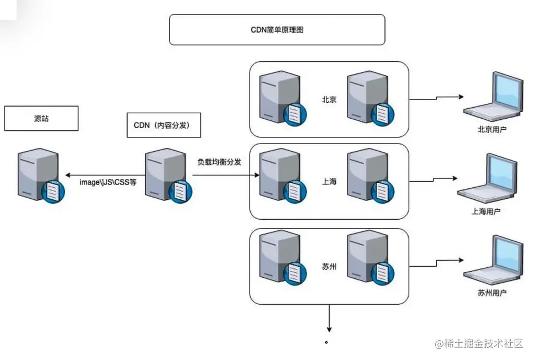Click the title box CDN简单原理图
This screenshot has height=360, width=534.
pyautogui.click(x=277, y=30)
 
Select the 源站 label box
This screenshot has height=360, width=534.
pyautogui.click(x=41, y=119)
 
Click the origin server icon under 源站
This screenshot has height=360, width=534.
pyautogui.click(x=39, y=176)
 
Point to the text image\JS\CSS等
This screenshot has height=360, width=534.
pyautogui.click(x=108, y=182)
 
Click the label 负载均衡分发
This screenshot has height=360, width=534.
pyautogui.click(x=220, y=162)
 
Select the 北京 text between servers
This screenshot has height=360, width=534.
pyautogui.click(x=330, y=100)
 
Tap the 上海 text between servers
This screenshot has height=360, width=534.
pyautogui.click(x=330, y=181)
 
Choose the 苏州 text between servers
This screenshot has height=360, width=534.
pyautogui.click(x=330, y=267)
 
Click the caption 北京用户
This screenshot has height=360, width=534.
pyautogui.click(x=491, y=130)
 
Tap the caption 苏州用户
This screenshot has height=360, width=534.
pyautogui.click(x=491, y=293)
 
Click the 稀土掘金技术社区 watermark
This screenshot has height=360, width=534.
pyautogui.click(x=479, y=344)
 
